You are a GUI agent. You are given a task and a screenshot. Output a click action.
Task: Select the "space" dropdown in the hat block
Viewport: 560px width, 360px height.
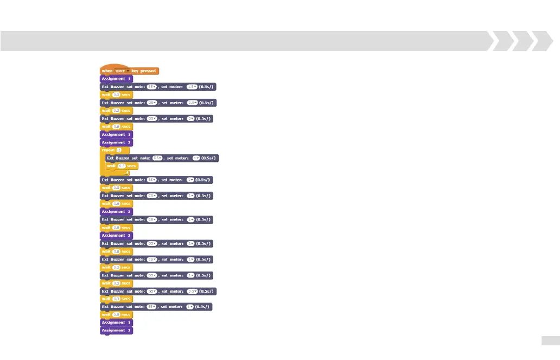point(121,71)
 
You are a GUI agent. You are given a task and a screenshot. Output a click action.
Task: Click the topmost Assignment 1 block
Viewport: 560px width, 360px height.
point(116,79)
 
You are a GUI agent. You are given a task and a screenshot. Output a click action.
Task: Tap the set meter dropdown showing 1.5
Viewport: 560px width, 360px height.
point(192,87)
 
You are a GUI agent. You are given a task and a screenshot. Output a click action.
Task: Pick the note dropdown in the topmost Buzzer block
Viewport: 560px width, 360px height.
point(151,87)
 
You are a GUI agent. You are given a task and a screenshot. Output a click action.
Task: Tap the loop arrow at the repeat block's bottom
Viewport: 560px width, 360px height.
point(126,173)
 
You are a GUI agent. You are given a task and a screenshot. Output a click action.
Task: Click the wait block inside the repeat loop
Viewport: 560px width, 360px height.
point(122,166)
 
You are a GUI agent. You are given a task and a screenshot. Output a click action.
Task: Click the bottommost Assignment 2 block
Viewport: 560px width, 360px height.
point(116,330)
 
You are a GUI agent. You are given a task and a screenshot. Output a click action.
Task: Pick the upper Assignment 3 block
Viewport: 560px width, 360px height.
point(116,212)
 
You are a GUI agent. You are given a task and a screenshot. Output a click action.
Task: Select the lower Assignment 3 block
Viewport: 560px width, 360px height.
point(116,236)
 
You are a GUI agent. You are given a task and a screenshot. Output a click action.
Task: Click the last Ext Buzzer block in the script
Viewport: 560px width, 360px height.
point(156,307)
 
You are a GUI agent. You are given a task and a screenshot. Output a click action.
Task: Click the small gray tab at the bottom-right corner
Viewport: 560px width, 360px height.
point(550,340)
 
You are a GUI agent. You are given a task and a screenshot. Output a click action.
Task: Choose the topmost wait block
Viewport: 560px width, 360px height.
point(116,94)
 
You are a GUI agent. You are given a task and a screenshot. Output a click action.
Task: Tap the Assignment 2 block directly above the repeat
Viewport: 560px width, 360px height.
point(116,142)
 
